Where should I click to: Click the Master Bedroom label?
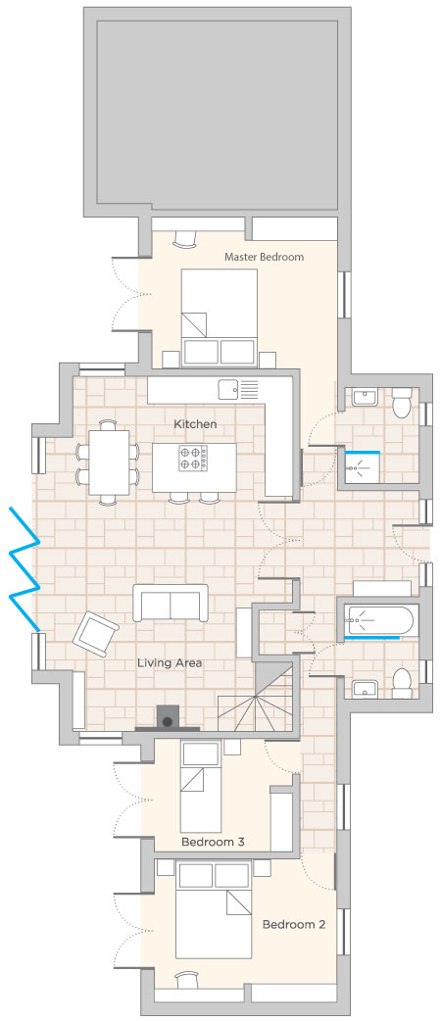click(x=264, y=257)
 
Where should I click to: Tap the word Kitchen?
click(x=195, y=424)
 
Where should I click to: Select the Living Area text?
click(x=170, y=663)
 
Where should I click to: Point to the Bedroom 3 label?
click(x=213, y=842)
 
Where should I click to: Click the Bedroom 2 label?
click(x=294, y=924)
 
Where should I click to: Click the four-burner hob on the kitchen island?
click(x=193, y=457)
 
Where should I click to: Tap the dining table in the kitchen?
click(x=108, y=462)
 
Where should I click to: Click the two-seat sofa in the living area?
click(x=171, y=603)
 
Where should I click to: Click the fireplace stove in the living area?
click(x=168, y=717)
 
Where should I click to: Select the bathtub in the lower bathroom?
click(x=381, y=621)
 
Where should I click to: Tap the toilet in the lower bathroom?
click(x=402, y=682)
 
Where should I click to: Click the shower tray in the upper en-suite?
click(x=363, y=467)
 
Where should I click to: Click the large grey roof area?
click(x=218, y=112)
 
